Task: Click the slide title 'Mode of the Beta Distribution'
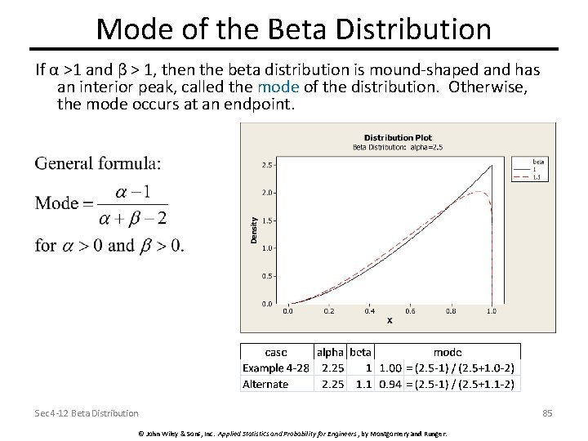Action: [294, 29]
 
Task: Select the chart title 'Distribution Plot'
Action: [399, 137]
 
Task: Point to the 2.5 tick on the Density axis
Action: [266, 165]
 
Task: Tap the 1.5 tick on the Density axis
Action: [266, 220]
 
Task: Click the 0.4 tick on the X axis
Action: [370, 311]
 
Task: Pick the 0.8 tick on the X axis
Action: [452, 311]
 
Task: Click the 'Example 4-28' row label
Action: [276, 367]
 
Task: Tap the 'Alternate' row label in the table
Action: [265, 384]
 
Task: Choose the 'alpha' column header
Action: [330, 352]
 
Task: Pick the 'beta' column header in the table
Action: [359, 352]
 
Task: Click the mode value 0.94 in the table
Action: [388, 384]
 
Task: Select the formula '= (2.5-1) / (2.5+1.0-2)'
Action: [463, 367]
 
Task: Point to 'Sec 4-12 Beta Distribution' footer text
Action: [87, 414]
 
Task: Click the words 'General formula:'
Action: [98, 163]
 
